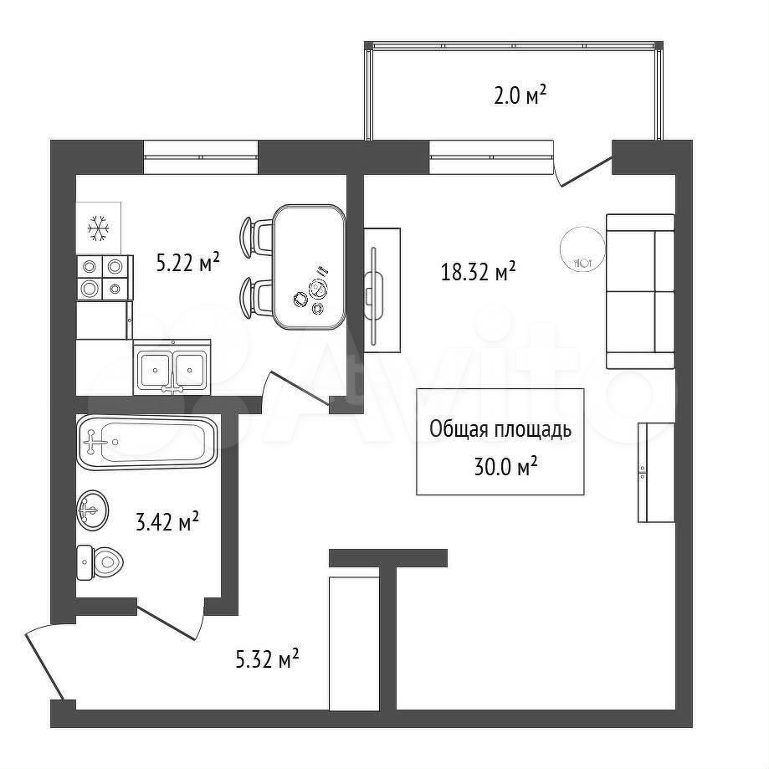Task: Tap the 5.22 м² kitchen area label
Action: (187, 263)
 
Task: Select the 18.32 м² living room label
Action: (478, 271)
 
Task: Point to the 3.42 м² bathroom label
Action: (167, 522)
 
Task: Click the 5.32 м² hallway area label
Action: (267, 659)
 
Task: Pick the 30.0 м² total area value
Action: (505, 466)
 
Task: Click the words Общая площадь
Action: (500, 429)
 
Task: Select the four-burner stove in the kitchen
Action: (105, 278)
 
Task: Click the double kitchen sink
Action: (172, 367)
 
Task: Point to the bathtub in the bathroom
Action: (146, 442)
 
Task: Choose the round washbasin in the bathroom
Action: (92, 510)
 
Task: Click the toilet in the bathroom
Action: (100, 562)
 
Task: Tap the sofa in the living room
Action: (640, 291)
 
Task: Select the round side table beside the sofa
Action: (582, 249)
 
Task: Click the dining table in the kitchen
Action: (309, 267)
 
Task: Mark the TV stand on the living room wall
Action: (382, 290)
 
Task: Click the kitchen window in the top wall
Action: (201, 157)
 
